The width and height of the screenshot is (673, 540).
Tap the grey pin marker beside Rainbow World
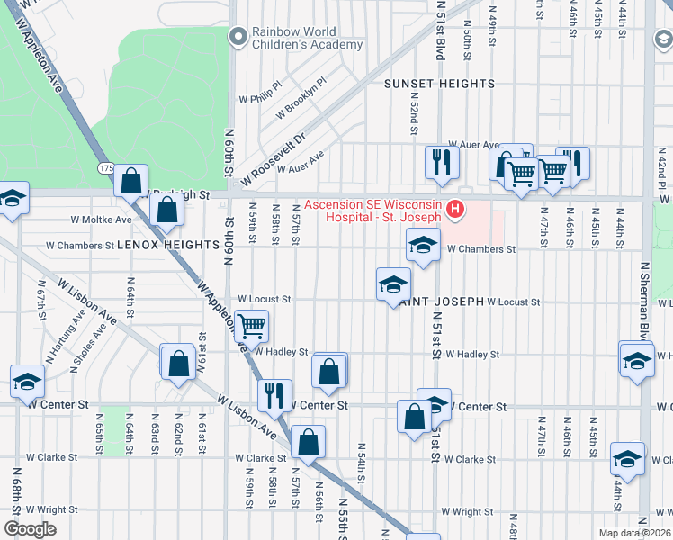238,37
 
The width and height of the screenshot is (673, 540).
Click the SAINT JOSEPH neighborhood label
441,301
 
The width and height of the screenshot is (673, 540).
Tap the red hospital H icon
455,211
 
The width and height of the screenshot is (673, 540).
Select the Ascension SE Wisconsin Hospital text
372,211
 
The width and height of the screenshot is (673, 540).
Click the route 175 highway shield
105,168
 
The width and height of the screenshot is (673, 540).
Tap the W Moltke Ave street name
101,219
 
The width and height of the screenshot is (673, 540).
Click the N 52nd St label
413,117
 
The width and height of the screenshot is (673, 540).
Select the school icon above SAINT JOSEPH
393,284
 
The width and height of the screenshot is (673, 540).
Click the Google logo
30,529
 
